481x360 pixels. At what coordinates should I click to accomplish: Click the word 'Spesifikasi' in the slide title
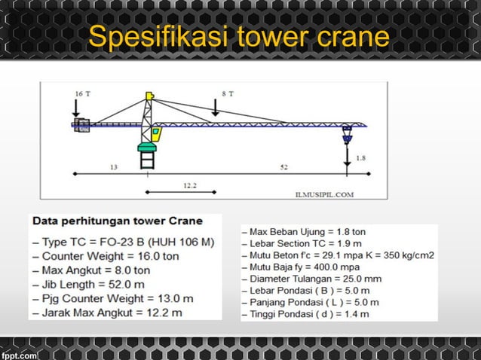pos(157,37)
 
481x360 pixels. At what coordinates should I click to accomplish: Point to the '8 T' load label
pos(227,93)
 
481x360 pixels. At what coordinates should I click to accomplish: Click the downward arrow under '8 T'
pos(216,108)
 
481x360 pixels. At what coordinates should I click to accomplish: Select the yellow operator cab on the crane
pos(156,134)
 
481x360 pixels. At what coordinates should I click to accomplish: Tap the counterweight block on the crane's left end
pos(81,125)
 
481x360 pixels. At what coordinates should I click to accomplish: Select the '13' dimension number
pos(113,167)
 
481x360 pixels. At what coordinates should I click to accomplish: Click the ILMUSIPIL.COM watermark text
pos(324,193)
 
